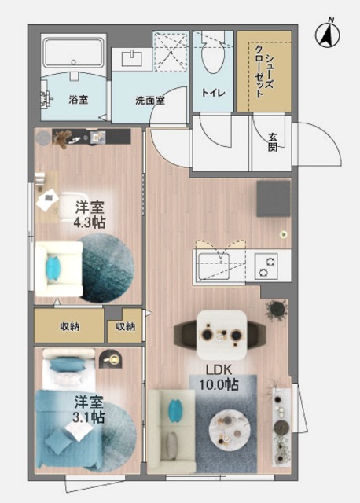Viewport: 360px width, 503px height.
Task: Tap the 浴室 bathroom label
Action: (x=78, y=100)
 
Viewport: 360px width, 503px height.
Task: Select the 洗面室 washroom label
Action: (x=149, y=101)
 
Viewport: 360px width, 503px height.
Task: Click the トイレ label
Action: (x=214, y=93)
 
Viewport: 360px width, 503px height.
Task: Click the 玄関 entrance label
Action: (x=273, y=141)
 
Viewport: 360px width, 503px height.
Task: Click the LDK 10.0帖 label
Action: (x=221, y=377)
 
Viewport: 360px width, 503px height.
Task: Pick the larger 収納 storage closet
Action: (x=69, y=325)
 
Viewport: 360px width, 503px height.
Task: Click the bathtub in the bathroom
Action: (x=72, y=54)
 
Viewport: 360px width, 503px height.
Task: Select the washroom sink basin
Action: (x=132, y=59)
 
